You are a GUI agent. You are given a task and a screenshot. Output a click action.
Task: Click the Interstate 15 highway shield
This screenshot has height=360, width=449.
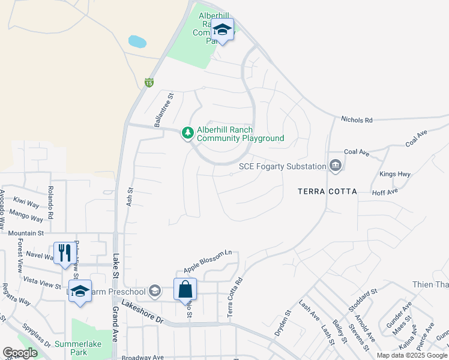point(149,83)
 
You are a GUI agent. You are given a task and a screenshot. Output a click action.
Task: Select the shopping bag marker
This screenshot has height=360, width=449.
point(185,289)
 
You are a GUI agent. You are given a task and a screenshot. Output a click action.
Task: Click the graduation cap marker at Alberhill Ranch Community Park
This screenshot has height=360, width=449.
point(222,30)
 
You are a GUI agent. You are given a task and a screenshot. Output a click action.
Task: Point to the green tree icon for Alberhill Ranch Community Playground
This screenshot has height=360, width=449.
point(188,132)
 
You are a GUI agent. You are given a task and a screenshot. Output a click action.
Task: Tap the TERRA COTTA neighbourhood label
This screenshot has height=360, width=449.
point(327,191)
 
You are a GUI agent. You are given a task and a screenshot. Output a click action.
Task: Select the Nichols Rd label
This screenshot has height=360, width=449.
point(357,120)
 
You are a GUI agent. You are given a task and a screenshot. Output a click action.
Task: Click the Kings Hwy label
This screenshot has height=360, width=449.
point(395,175)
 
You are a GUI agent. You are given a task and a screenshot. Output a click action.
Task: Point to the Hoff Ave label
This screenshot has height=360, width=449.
point(385,192)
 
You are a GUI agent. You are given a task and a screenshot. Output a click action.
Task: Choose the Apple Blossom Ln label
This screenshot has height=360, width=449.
point(208,260)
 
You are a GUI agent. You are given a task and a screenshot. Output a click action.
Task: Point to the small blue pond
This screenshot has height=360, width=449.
point(137,41)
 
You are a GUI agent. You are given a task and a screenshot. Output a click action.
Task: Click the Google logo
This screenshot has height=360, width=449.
point(20,353)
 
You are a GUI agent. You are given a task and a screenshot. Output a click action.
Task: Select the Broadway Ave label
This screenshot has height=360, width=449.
point(143,357)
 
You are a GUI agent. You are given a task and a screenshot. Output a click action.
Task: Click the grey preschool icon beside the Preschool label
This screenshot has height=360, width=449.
point(155,292)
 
